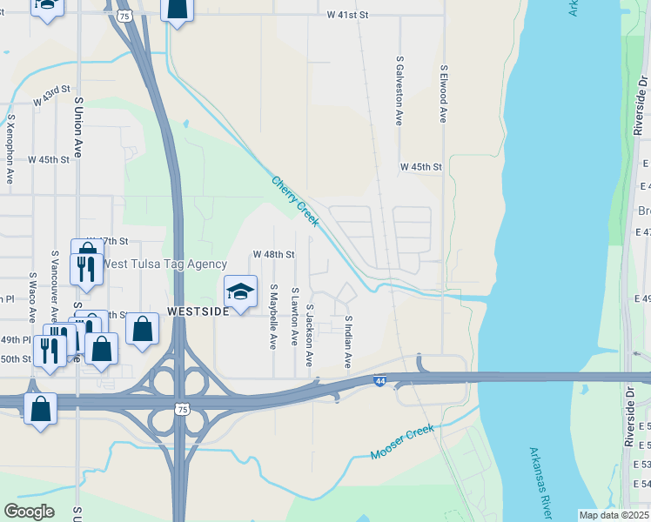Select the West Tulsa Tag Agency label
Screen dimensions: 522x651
click(x=164, y=264)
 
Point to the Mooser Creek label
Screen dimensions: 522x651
click(x=402, y=444)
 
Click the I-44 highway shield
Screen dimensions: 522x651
click(x=379, y=381)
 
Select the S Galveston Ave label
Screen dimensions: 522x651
click(x=399, y=91)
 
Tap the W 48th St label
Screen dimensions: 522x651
click(x=274, y=254)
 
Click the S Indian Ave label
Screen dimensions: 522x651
click(x=347, y=341)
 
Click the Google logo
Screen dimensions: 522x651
click(x=29, y=512)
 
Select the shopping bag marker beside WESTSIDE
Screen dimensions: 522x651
click(x=143, y=330)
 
